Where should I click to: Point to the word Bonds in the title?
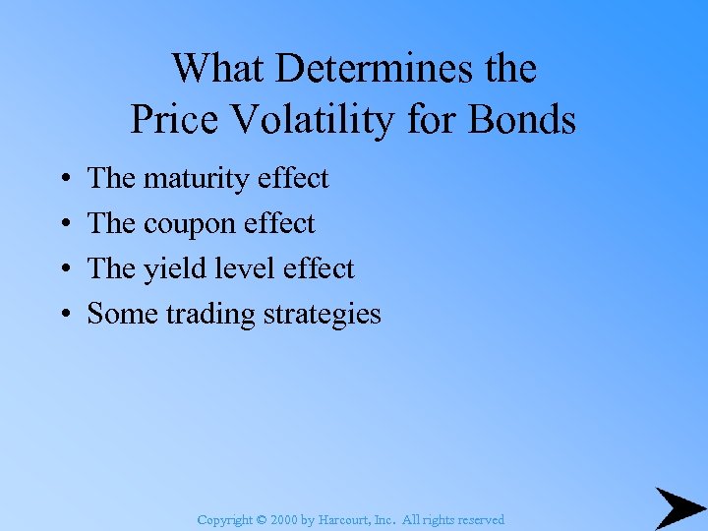pyautogui.click(x=526, y=120)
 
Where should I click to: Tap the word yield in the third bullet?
pyautogui.click(x=169, y=269)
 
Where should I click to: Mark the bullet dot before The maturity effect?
pyautogui.click(x=63, y=180)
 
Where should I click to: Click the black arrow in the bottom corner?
pyautogui.click(x=679, y=508)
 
